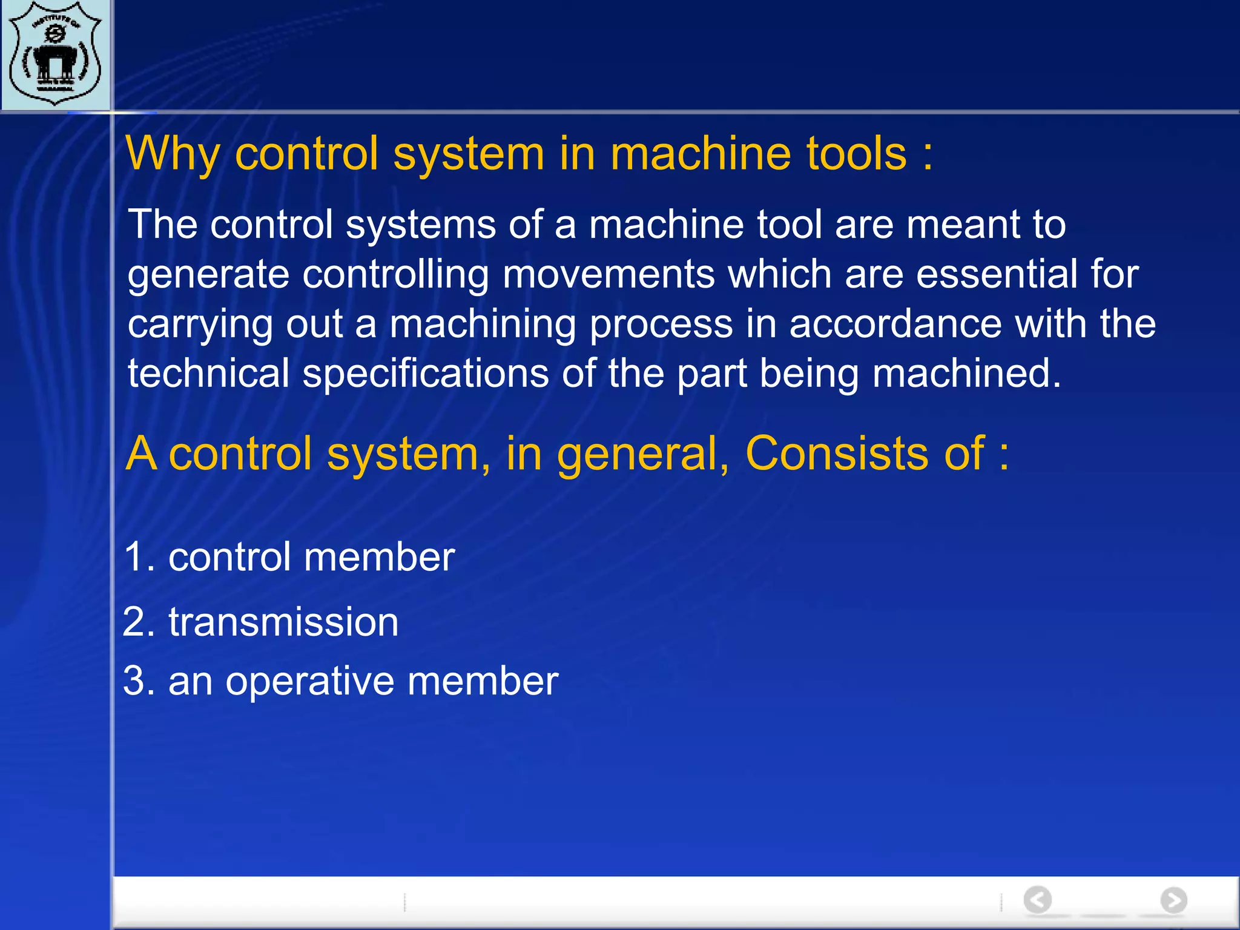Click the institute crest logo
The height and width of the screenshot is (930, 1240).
[x=56, y=54]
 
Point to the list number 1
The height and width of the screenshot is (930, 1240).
[x=139, y=557]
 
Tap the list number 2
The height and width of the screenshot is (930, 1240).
[x=139, y=622]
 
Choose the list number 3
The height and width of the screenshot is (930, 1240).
[x=139, y=681]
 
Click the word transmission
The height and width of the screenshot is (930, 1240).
[x=283, y=622]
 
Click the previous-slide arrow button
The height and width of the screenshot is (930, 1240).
[x=1037, y=900]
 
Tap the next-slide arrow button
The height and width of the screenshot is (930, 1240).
[x=1173, y=900]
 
